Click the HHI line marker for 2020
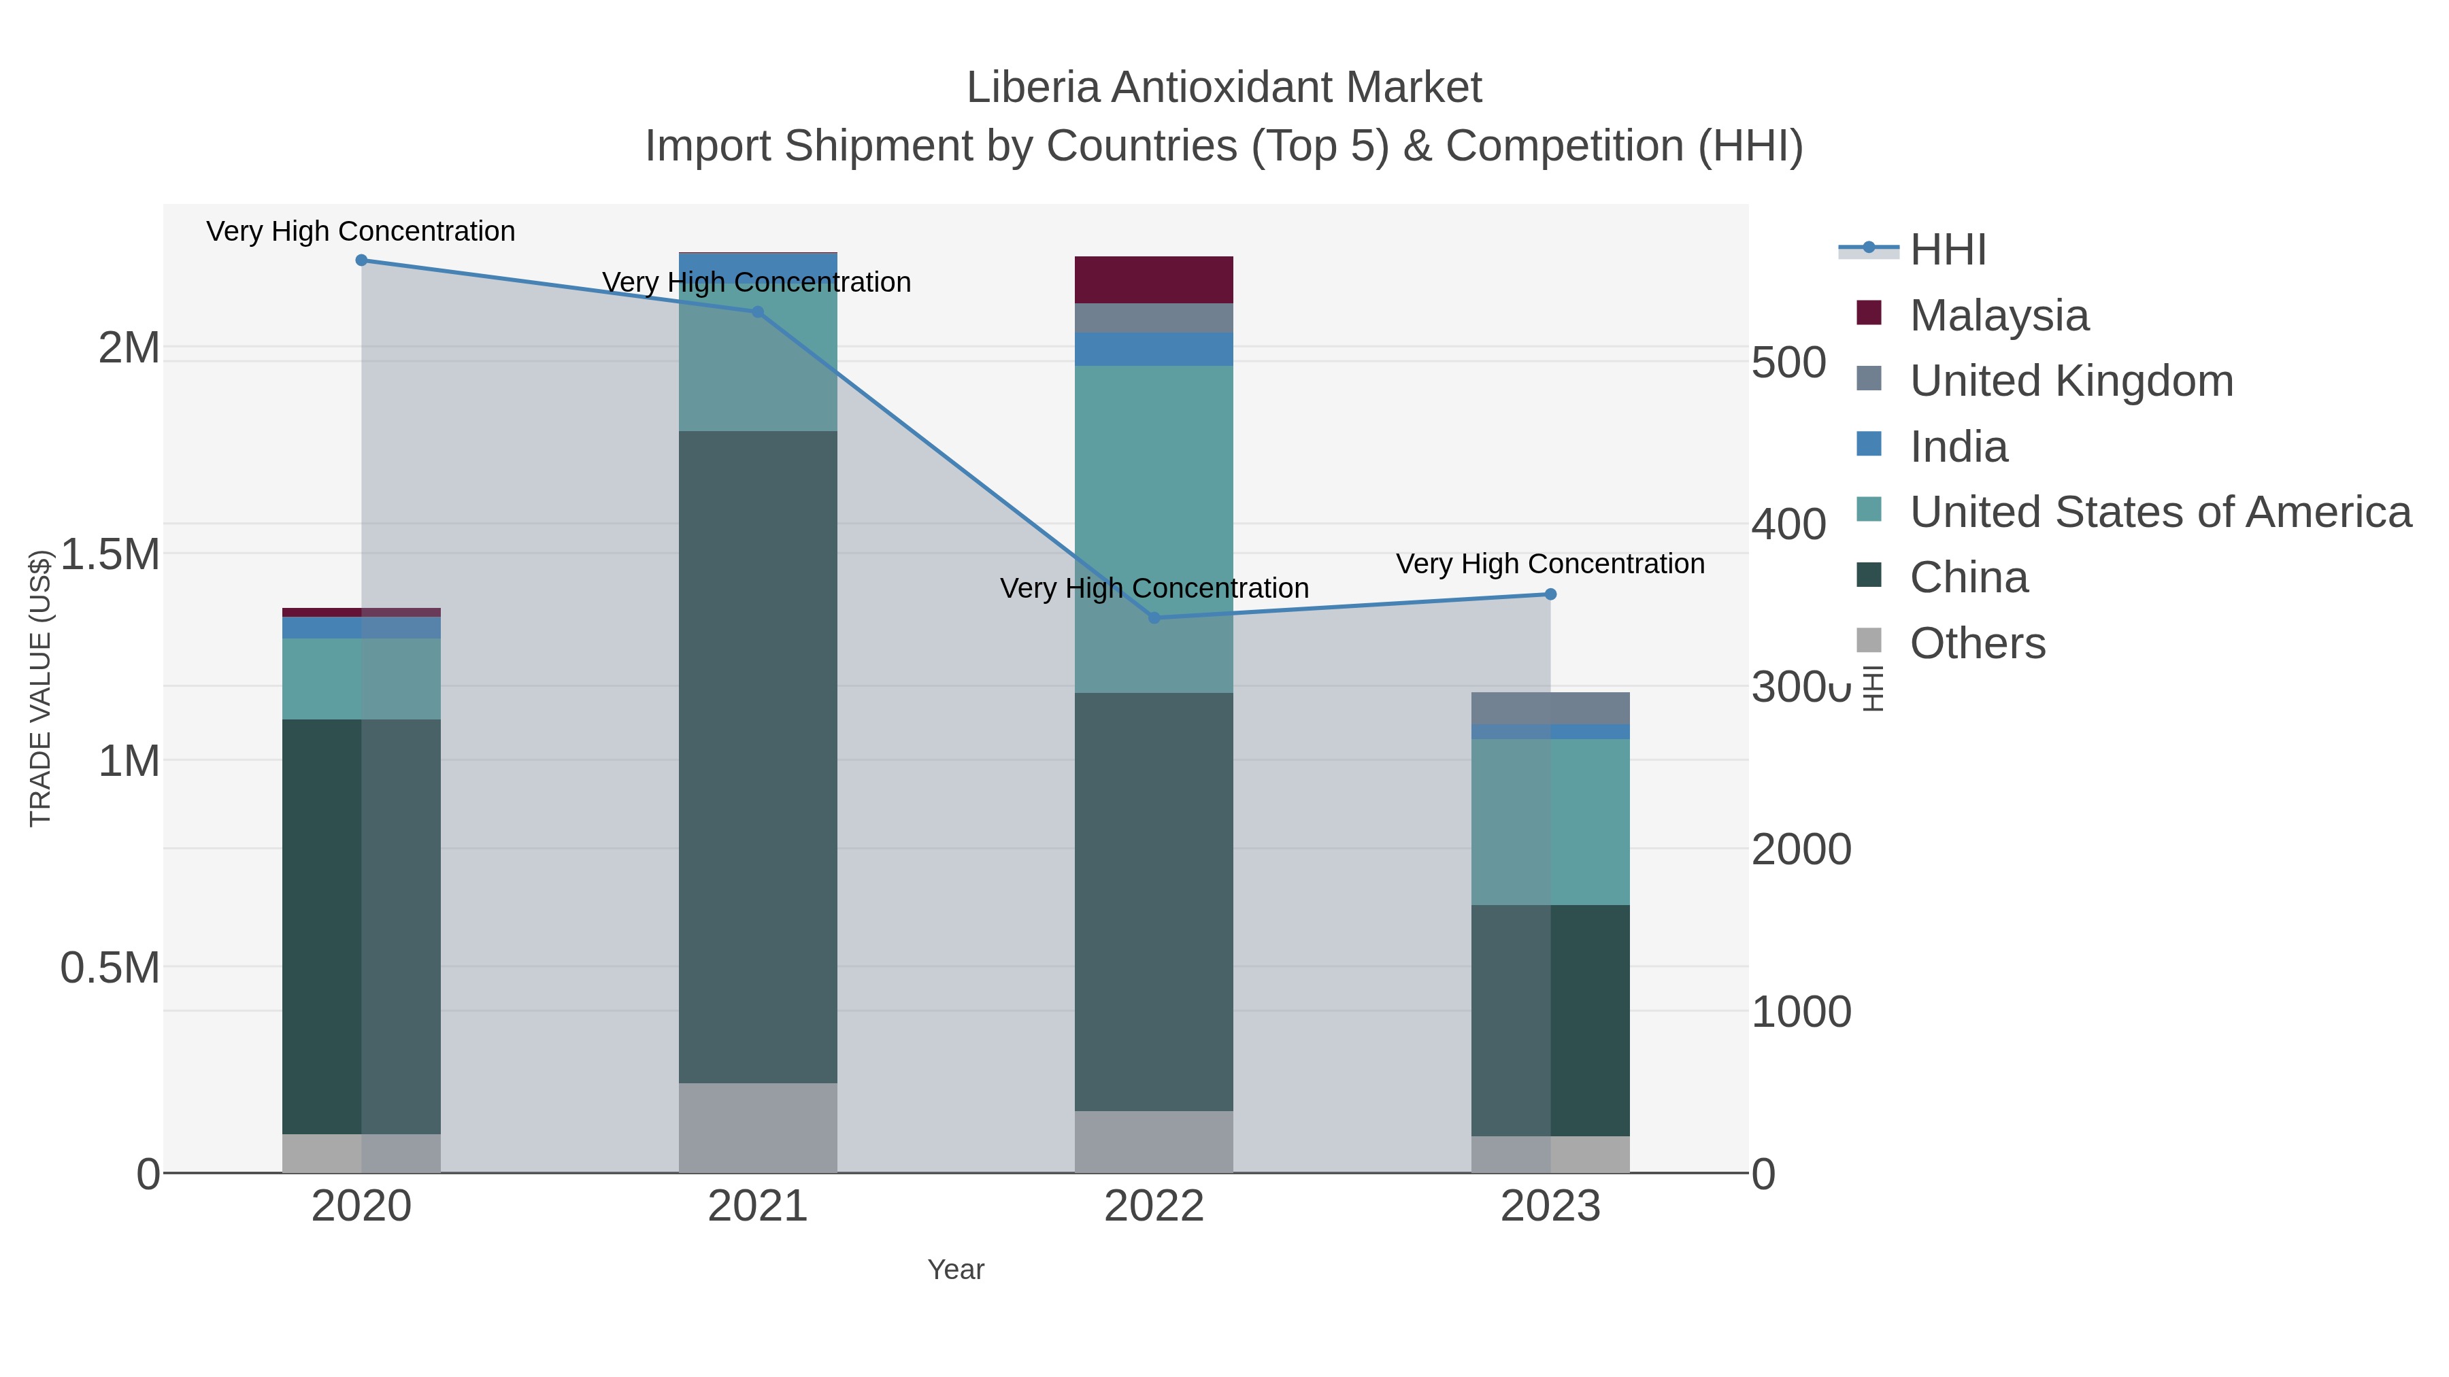click(361, 260)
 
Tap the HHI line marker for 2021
click(758, 311)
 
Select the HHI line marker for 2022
click(1154, 617)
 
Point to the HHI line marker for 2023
click(1550, 594)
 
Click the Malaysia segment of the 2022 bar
click(1154, 279)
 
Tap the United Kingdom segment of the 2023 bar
click(1550, 708)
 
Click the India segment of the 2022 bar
click(1154, 349)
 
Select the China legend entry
click(1968, 578)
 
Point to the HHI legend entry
click(1947, 250)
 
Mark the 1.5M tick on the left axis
click(110, 554)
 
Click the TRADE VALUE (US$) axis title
click(40, 688)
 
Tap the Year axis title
click(956, 1270)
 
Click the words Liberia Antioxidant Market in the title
click(1224, 88)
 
